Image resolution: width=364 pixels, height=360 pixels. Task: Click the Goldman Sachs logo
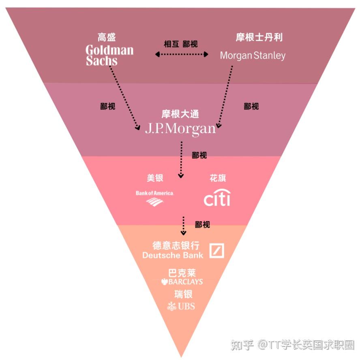(109, 55)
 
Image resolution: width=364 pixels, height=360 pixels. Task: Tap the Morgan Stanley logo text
(253, 55)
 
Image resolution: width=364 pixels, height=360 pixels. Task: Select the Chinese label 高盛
(107, 38)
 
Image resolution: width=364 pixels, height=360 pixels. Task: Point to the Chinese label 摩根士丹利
(259, 38)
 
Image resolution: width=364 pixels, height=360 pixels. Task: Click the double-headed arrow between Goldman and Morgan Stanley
(182, 54)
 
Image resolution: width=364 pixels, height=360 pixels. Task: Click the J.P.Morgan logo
(180, 128)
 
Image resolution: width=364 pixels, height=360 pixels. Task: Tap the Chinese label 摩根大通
(180, 114)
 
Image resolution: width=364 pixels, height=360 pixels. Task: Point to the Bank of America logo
(155, 198)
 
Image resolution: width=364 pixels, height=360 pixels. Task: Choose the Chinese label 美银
(155, 178)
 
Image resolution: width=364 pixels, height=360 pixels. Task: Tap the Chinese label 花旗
(218, 178)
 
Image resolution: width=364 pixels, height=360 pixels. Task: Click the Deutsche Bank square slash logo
(216, 251)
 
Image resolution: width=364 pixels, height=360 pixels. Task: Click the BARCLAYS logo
(182, 281)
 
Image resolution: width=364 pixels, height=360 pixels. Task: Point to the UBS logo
(181, 306)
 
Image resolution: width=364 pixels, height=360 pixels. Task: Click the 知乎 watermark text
(242, 345)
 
